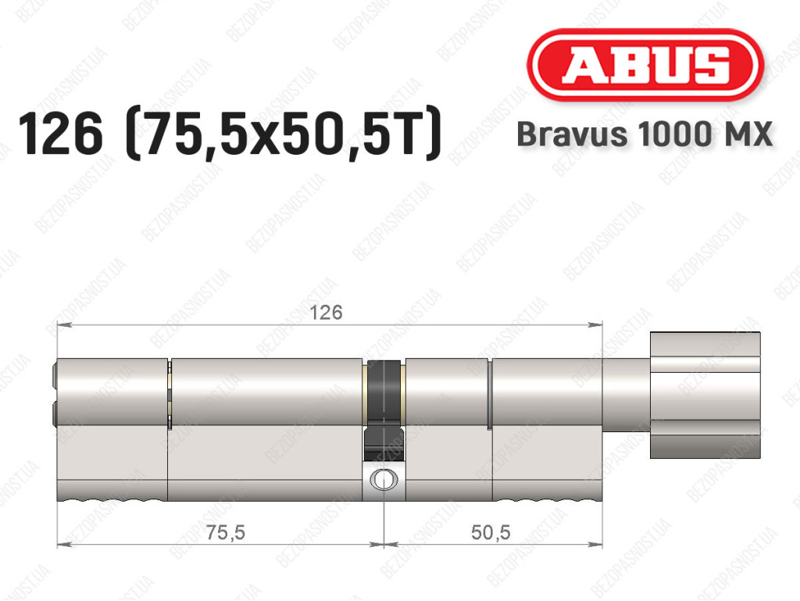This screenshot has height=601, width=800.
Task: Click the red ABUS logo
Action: (645, 65)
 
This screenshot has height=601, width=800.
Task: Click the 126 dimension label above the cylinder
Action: (326, 313)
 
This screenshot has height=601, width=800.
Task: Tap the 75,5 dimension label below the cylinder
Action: (226, 533)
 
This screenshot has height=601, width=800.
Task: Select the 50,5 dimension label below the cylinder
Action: (491, 533)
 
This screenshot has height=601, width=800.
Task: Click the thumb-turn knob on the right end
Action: (705, 395)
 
